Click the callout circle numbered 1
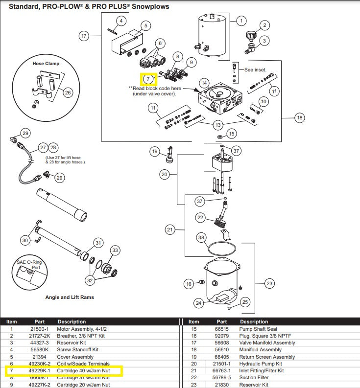coord(241,21)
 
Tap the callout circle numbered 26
coord(68,92)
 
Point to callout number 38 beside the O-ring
coord(201,237)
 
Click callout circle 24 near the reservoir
coord(198,303)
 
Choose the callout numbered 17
coord(84,36)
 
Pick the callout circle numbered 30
coord(25,240)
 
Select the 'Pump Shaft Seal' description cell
coord(258,329)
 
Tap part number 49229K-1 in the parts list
coord(39,370)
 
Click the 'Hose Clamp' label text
coord(46,64)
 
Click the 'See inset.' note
coord(256,69)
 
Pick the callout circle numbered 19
coord(155,152)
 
